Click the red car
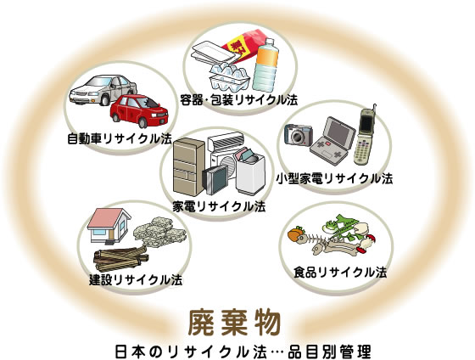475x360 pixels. [x=139, y=111]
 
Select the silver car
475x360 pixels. [x=102, y=89]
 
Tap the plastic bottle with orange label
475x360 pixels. [x=265, y=65]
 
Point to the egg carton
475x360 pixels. [x=229, y=76]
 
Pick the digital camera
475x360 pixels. [x=299, y=134]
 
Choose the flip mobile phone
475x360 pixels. [x=365, y=135]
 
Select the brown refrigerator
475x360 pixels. [x=188, y=166]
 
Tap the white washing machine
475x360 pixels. [x=250, y=172]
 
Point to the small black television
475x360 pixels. [x=215, y=179]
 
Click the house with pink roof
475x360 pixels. [x=109, y=226]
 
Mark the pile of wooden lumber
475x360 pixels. [x=120, y=258]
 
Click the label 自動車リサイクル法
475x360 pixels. [x=120, y=139]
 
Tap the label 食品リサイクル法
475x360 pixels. [x=340, y=273]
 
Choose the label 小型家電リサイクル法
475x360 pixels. [x=334, y=178]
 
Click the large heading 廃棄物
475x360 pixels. [x=234, y=323]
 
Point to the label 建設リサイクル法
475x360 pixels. [x=136, y=279]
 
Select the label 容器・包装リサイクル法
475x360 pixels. [x=238, y=100]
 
